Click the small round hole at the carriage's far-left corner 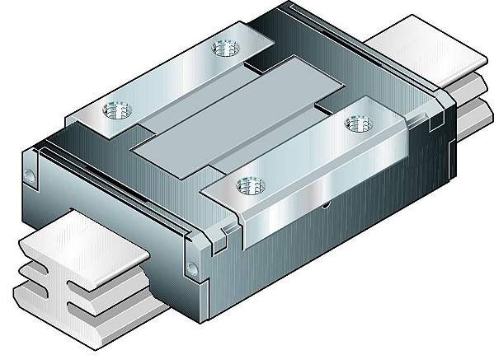30,175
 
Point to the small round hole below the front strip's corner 192,267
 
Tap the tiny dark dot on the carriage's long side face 327,204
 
